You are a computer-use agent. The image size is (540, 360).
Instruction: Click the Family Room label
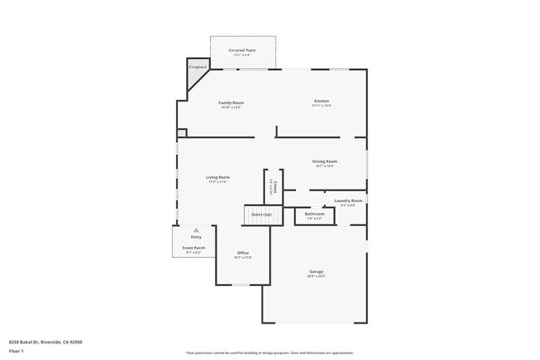pyautogui.click(x=232, y=102)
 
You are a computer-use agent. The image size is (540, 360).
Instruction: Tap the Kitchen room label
pyautogui.click(x=322, y=101)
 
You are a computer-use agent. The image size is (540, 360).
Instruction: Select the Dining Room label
pyautogui.click(x=325, y=161)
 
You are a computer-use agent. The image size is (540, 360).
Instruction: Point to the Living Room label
pyautogui.click(x=218, y=177)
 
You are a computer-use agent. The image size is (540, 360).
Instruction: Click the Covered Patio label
pyautogui.click(x=243, y=51)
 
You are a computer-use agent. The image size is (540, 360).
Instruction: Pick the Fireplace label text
pyautogui.click(x=198, y=67)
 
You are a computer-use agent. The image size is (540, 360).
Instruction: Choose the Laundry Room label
pyautogui.click(x=348, y=200)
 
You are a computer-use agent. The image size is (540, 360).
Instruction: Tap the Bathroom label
pyautogui.click(x=314, y=214)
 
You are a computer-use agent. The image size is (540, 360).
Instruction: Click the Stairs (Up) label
pyautogui.click(x=257, y=215)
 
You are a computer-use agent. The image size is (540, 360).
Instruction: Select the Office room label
pyautogui.click(x=243, y=253)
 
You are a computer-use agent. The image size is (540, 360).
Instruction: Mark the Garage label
pyautogui.click(x=317, y=271)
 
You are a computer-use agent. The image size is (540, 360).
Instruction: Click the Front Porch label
pyautogui.click(x=193, y=248)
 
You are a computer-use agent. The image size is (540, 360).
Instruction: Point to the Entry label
pyautogui.click(x=196, y=237)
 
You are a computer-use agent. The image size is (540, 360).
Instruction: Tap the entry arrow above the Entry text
pyautogui.click(x=196, y=230)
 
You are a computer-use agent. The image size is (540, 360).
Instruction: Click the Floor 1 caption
pyautogui.click(x=17, y=351)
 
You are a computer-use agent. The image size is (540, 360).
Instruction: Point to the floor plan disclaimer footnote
pyautogui.click(x=270, y=353)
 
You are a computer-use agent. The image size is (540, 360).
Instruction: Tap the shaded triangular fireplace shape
pyautogui.click(x=197, y=77)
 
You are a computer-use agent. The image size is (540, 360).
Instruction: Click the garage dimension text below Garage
pyautogui.click(x=317, y=276)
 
